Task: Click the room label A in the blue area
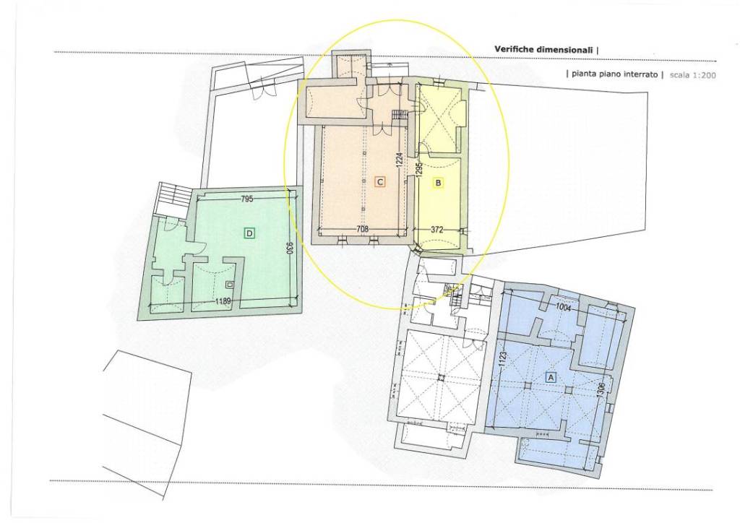[x=550, y=377]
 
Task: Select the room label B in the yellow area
[x=438, y=183]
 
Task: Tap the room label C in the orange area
[x=380, y=181]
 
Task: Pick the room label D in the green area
[x=249, y=233]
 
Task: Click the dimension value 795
[x=247, y=199]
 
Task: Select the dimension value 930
[x=290, y=248]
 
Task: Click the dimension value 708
[x=362, y=229]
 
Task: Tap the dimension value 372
[x=437, y=230]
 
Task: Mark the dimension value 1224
[x=399, y=160]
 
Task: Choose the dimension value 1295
[x=418, y=170]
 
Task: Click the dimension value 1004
[x=564, y=308]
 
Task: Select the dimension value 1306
[x=601, y=391]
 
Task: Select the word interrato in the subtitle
[x=640, y=74]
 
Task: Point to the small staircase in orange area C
[x=399, y=115]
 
